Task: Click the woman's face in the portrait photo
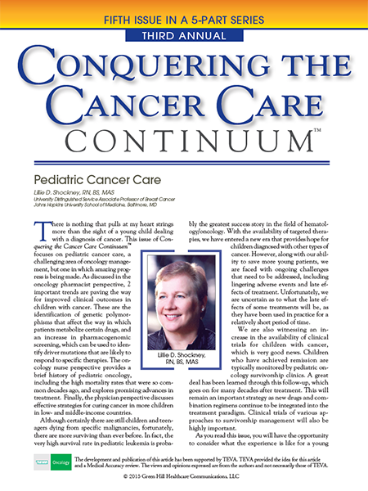pyautogui.click(x=182, y=286)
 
